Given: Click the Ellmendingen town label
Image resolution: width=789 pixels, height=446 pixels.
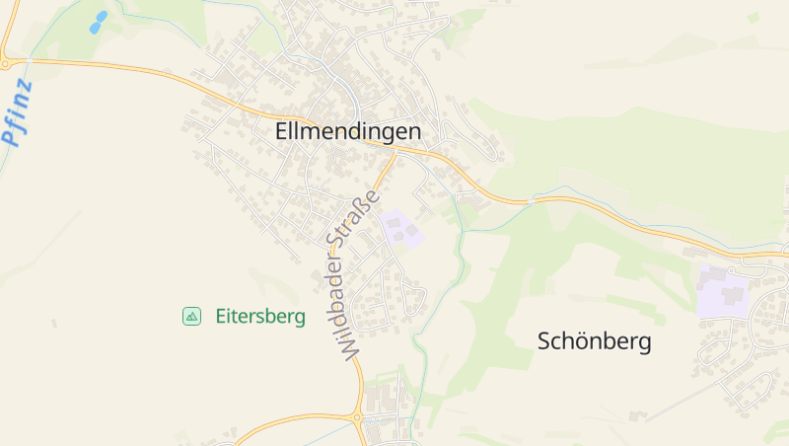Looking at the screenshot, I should point(348,131).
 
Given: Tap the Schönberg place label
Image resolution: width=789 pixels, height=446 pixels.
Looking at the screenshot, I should point(594,341).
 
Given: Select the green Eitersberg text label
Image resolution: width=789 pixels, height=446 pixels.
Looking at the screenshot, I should point(260,317).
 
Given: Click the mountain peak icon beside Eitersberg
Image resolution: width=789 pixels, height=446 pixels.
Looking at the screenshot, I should point(191,317).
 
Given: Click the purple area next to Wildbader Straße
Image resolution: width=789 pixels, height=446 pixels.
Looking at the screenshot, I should point(400,229).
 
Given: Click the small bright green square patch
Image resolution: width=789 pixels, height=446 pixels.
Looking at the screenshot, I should point(753,17).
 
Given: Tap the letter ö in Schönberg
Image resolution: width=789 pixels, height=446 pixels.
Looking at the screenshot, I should point(573,341).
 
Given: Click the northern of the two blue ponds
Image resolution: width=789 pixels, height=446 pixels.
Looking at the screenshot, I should point(101,17).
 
